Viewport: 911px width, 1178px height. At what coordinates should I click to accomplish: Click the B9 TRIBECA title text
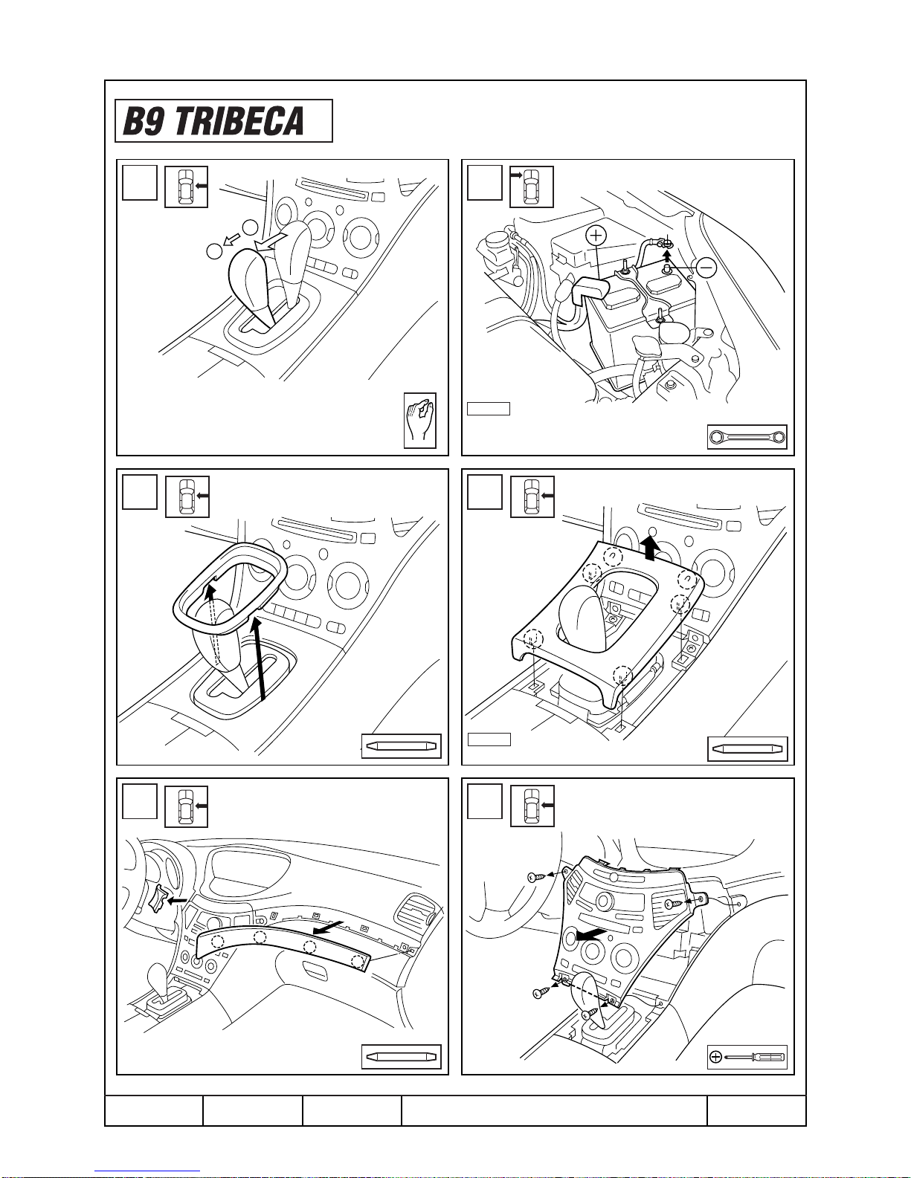click(213, 121)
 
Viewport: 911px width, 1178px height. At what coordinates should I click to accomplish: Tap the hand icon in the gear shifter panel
click(419, 421)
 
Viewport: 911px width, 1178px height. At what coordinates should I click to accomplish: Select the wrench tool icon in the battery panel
click(747, 437)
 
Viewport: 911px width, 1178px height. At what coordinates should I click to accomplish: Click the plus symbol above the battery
click(596, 236)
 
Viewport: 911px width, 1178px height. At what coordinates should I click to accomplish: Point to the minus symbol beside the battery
click(706, 268)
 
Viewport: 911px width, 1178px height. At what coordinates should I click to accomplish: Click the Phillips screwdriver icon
click(747, 1057)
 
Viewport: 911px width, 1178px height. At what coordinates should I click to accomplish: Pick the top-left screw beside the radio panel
click(534, 876)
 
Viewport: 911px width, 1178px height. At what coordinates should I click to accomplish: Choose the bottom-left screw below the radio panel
click(540, 993)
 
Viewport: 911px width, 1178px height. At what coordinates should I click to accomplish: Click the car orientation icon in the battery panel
click(532, 187)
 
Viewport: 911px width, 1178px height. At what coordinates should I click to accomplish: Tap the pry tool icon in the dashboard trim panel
click(402, 1057)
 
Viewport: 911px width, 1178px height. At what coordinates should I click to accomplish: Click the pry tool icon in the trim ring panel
click(402, 746)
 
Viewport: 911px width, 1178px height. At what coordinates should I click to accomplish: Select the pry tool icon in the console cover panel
click(748, 748)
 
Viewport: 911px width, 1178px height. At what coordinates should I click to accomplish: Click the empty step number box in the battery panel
click(484, 183)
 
